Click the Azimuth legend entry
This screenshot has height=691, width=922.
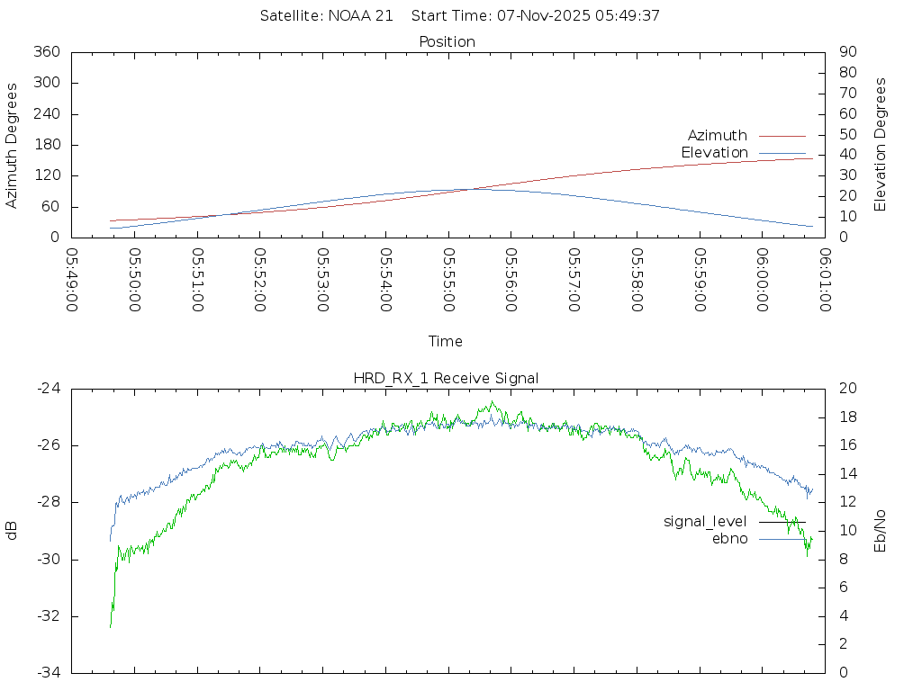(718, 136)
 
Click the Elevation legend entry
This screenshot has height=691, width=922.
(714, 153)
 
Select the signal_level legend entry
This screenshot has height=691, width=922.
(705, 522)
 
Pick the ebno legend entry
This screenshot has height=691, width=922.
(729, 539)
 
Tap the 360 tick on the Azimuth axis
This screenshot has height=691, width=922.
(47, 52)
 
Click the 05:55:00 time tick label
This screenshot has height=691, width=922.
(448, 280)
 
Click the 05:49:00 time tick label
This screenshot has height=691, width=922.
(72, 280)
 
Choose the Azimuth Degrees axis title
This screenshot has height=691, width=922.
(13, 145)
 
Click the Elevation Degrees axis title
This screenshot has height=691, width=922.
(881, 145)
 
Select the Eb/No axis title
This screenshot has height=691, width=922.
(881, 531)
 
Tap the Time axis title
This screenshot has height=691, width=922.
(446, 342)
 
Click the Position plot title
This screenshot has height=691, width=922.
(447, 42)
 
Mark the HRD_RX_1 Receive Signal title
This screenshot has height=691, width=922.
(446, 379)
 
